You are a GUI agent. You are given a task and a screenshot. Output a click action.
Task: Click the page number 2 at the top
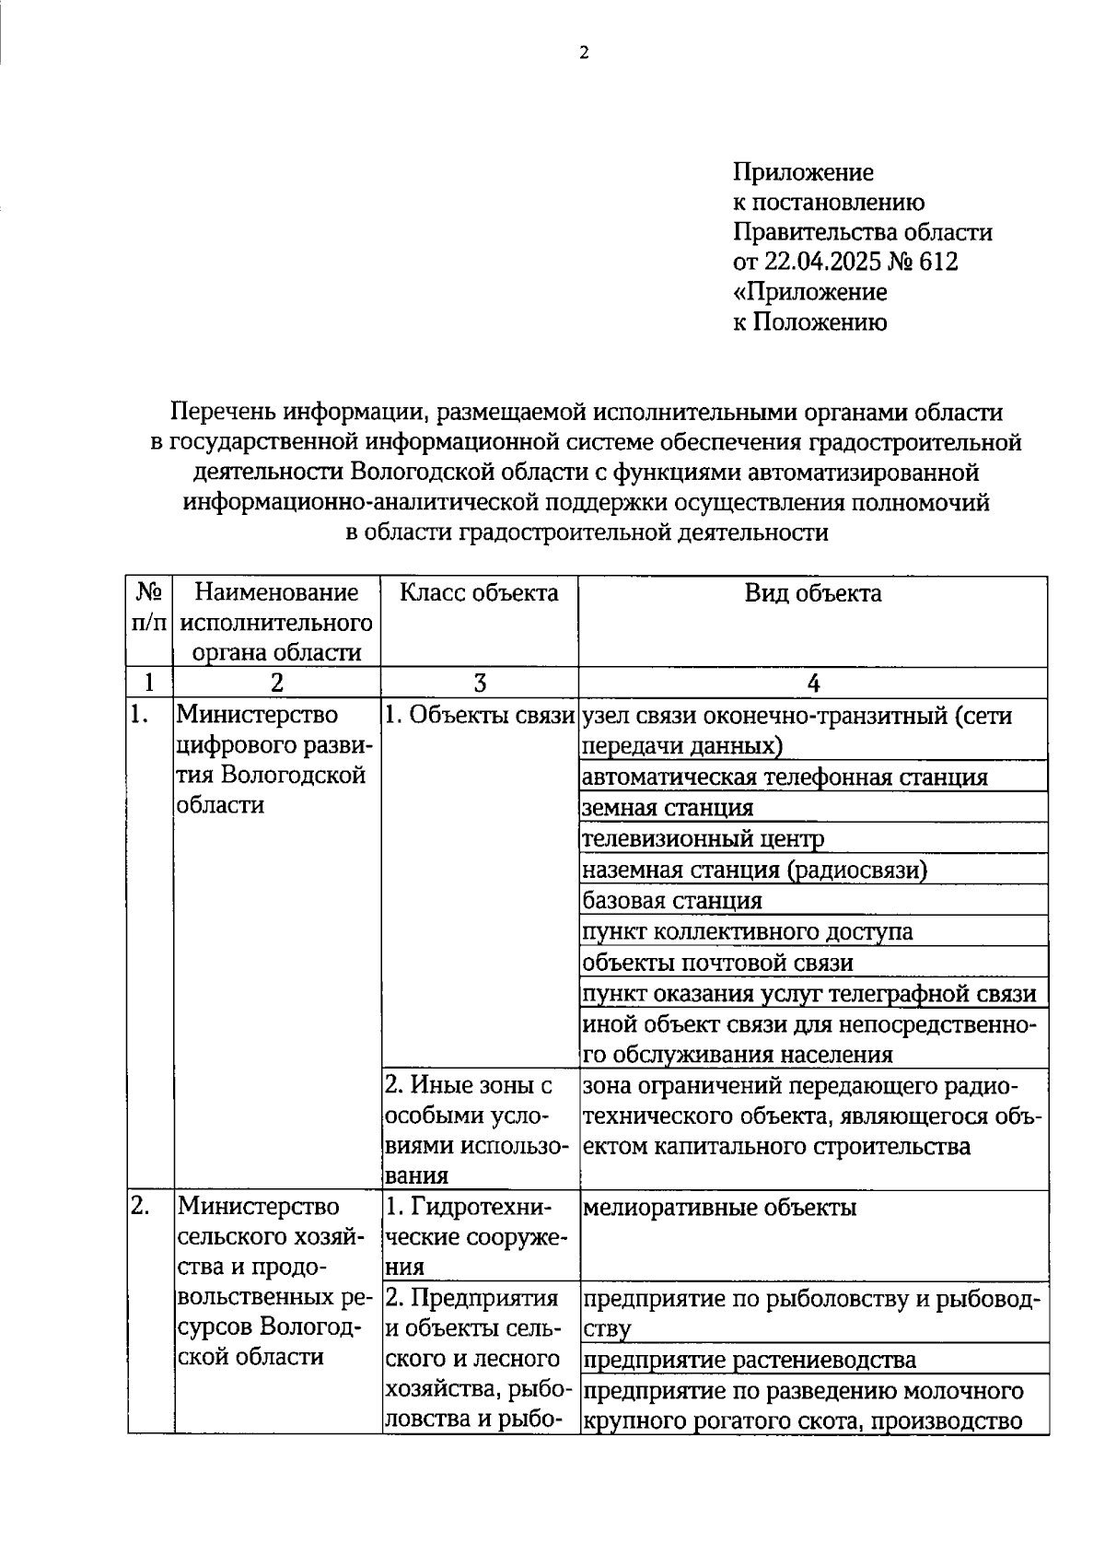(x=583, y=53)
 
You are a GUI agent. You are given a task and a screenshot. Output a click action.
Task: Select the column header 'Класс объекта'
(x=479, y=593)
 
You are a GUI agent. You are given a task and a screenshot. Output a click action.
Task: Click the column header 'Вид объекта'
(x=812, y=593)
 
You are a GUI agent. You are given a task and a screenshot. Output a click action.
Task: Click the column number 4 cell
(x=812, y=683)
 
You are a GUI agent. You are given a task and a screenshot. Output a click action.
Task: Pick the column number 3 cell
(x=479, y=683)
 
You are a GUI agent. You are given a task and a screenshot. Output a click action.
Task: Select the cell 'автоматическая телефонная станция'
(x=785, y=777)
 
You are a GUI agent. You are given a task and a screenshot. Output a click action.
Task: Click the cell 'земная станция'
(x=668, y=809)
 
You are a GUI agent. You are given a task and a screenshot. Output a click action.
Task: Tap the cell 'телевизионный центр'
(x=703, y=839)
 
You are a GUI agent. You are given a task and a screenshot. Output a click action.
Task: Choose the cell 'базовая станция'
(x=672, y=901)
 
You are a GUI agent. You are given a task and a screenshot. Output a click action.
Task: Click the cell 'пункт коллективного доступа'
(x=748, y=932)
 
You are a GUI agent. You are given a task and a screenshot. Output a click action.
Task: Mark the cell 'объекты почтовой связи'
(x=717, y=964)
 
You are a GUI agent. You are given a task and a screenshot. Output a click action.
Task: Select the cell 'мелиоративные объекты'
(x=719, y=1208)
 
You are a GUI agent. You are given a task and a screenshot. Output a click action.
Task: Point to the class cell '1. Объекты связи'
(x=479, y=716)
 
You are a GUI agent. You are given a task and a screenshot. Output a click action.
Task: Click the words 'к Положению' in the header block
(x=809, y=322)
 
